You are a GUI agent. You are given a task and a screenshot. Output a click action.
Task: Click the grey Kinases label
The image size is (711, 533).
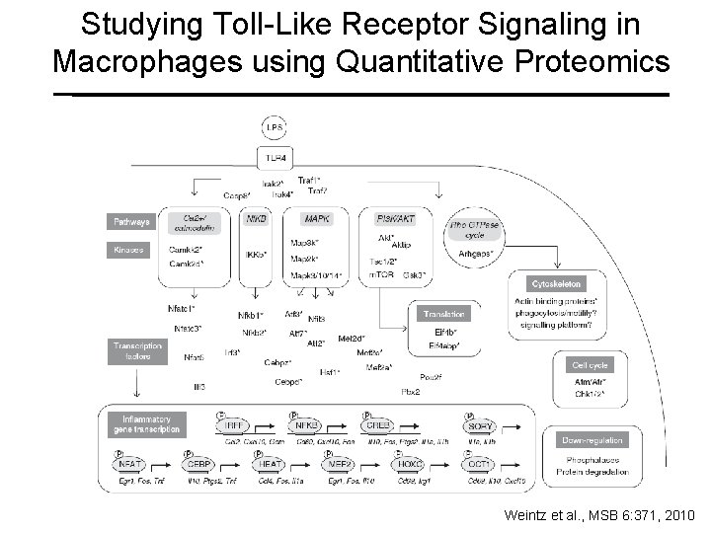[127, 251]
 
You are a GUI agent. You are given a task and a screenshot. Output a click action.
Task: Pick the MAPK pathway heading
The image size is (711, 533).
[317, 219]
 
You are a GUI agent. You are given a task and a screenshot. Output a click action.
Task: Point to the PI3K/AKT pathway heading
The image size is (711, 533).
[396, 219]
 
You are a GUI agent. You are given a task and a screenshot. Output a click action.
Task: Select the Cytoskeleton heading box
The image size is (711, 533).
[559, 282]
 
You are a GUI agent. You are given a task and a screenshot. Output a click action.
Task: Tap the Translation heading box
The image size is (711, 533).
[443, 314]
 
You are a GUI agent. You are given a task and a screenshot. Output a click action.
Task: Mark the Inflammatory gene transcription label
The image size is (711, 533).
[150, 424]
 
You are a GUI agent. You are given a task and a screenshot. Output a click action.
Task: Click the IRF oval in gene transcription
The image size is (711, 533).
[233, 425]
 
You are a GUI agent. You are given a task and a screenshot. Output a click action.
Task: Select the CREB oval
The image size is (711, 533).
[379, 425]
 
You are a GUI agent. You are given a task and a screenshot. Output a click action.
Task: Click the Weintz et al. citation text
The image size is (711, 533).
[597, 515]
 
